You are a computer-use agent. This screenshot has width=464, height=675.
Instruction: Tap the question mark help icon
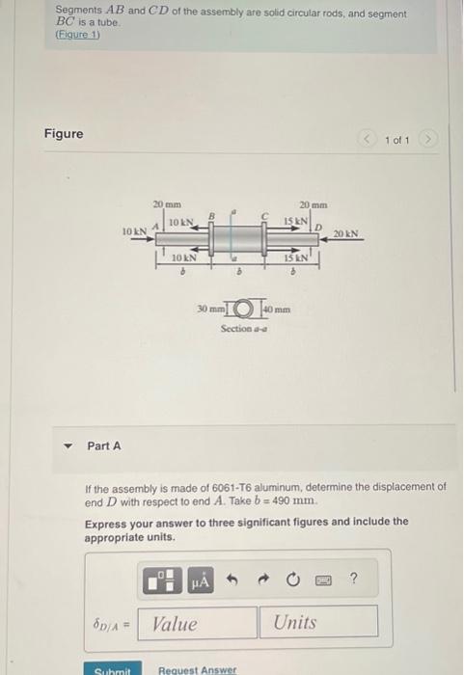[x=353, y=580]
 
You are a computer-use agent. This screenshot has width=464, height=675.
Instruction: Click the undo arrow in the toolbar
[x=232, y=580]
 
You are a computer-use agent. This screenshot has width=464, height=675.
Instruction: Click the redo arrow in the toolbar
[x=262, y=580]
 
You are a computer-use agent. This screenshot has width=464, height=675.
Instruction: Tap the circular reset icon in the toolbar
[x=292, y=580]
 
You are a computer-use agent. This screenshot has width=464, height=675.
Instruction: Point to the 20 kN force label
[x=346, y=233]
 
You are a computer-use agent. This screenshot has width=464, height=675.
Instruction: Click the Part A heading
[x=104, y=445]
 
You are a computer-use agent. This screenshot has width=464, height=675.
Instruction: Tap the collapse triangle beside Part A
[x=68, y=445]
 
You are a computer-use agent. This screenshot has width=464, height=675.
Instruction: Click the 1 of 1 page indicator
[x=396, y=141]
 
